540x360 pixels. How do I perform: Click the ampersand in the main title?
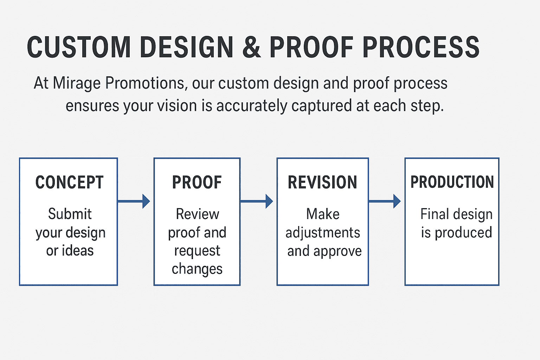click(x=251, y=47)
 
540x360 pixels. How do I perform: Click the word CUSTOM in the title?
click(x=79, y=47)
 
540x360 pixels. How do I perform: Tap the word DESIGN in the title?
click(x=186, y=47)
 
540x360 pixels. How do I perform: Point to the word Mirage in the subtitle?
click(x=77, y=84)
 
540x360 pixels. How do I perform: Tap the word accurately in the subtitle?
click(x=252, y=106)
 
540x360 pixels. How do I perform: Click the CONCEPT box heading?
click(x=69, y=182)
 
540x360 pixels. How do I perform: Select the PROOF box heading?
click(x=197, y=182)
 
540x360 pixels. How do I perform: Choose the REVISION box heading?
click(x=322, y=182)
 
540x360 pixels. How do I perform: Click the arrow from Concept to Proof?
click(x=134, y=201)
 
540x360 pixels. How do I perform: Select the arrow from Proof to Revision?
click(x=257, y=201)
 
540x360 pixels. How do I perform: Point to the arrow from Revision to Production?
click(x=385, y=201)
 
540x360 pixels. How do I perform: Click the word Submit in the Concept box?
click(x=70, y=214)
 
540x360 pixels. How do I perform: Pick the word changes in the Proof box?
click(x=197, y=269)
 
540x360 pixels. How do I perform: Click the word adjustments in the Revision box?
click(x=323, y=233)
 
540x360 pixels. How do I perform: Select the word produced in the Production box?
click(x=463, y=233)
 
